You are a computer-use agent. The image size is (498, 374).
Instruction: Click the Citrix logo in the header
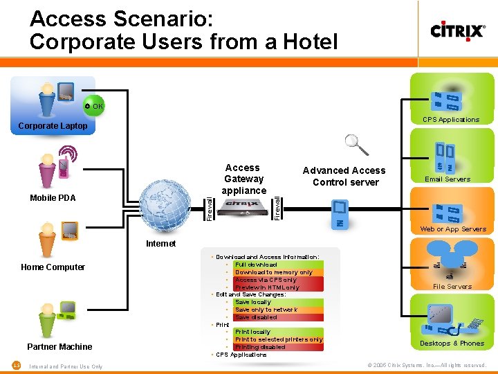pos(457,31)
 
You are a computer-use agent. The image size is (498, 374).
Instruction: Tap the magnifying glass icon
pos(356,144)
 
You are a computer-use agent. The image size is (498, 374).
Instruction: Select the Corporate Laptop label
pos(53,126)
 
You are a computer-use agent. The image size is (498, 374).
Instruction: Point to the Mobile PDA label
pos(53,198)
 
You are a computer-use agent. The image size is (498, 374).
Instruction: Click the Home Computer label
pos(53,267)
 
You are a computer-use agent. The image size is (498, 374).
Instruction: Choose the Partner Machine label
pos(59,347)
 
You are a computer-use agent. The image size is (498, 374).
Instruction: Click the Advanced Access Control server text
pos(344,177)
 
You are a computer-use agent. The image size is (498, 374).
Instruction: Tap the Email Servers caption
pos(448,179)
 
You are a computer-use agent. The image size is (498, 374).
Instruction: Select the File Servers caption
pos(452,287)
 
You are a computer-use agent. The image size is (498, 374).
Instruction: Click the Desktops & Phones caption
pos(452,344)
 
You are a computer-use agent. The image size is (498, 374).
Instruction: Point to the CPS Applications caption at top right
pos(451,120)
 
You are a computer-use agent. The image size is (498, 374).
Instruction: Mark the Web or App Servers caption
pos(453,229)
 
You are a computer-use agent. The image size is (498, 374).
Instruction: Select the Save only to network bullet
pos(266,310)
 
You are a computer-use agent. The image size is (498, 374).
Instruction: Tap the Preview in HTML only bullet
pos(267,287)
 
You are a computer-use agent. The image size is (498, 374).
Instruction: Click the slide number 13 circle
pos(15,365)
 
